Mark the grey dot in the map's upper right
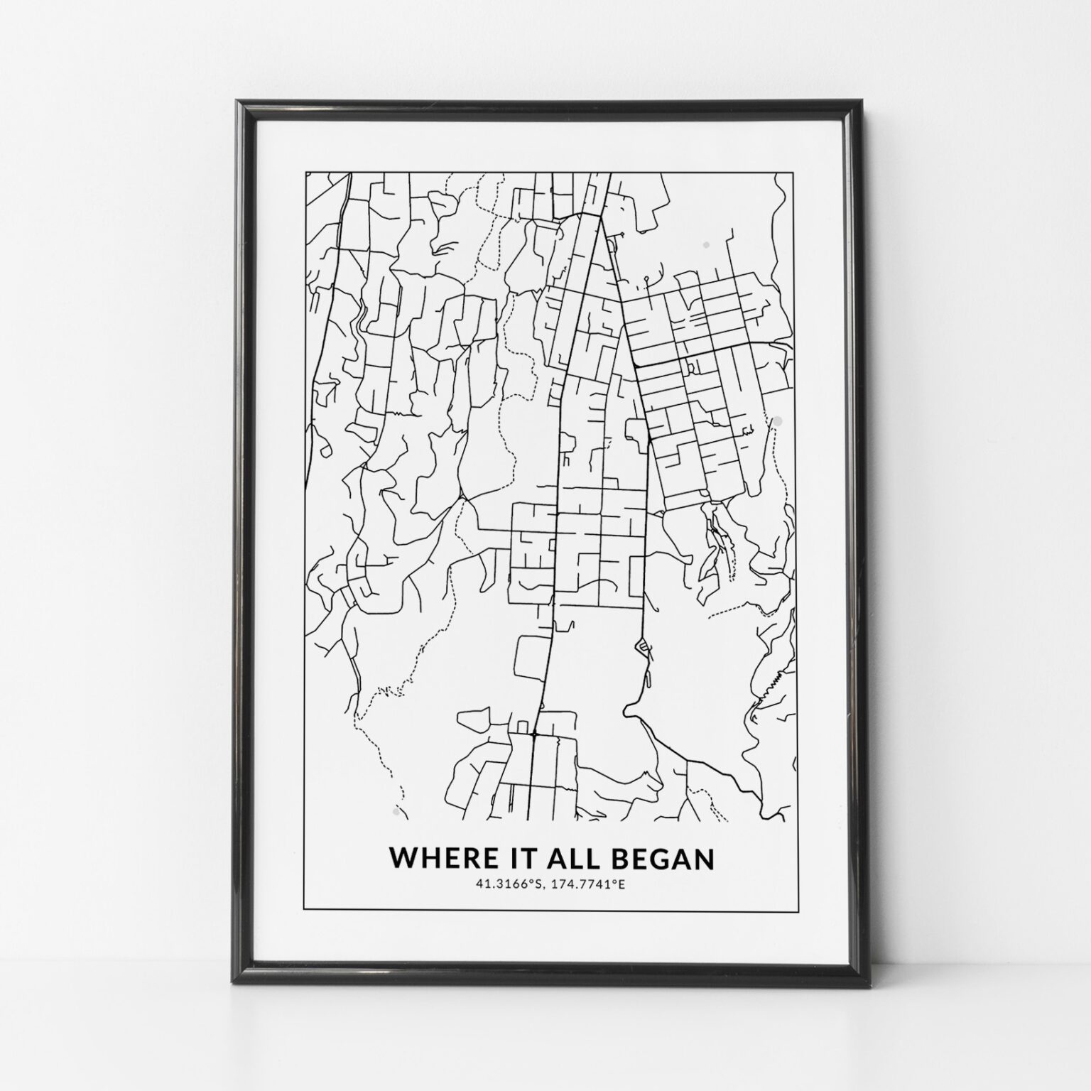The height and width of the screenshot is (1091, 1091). tap(705, 245)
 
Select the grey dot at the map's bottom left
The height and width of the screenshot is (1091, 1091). tap(395, 809)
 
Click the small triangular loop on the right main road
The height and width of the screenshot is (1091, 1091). tap(642, 646)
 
